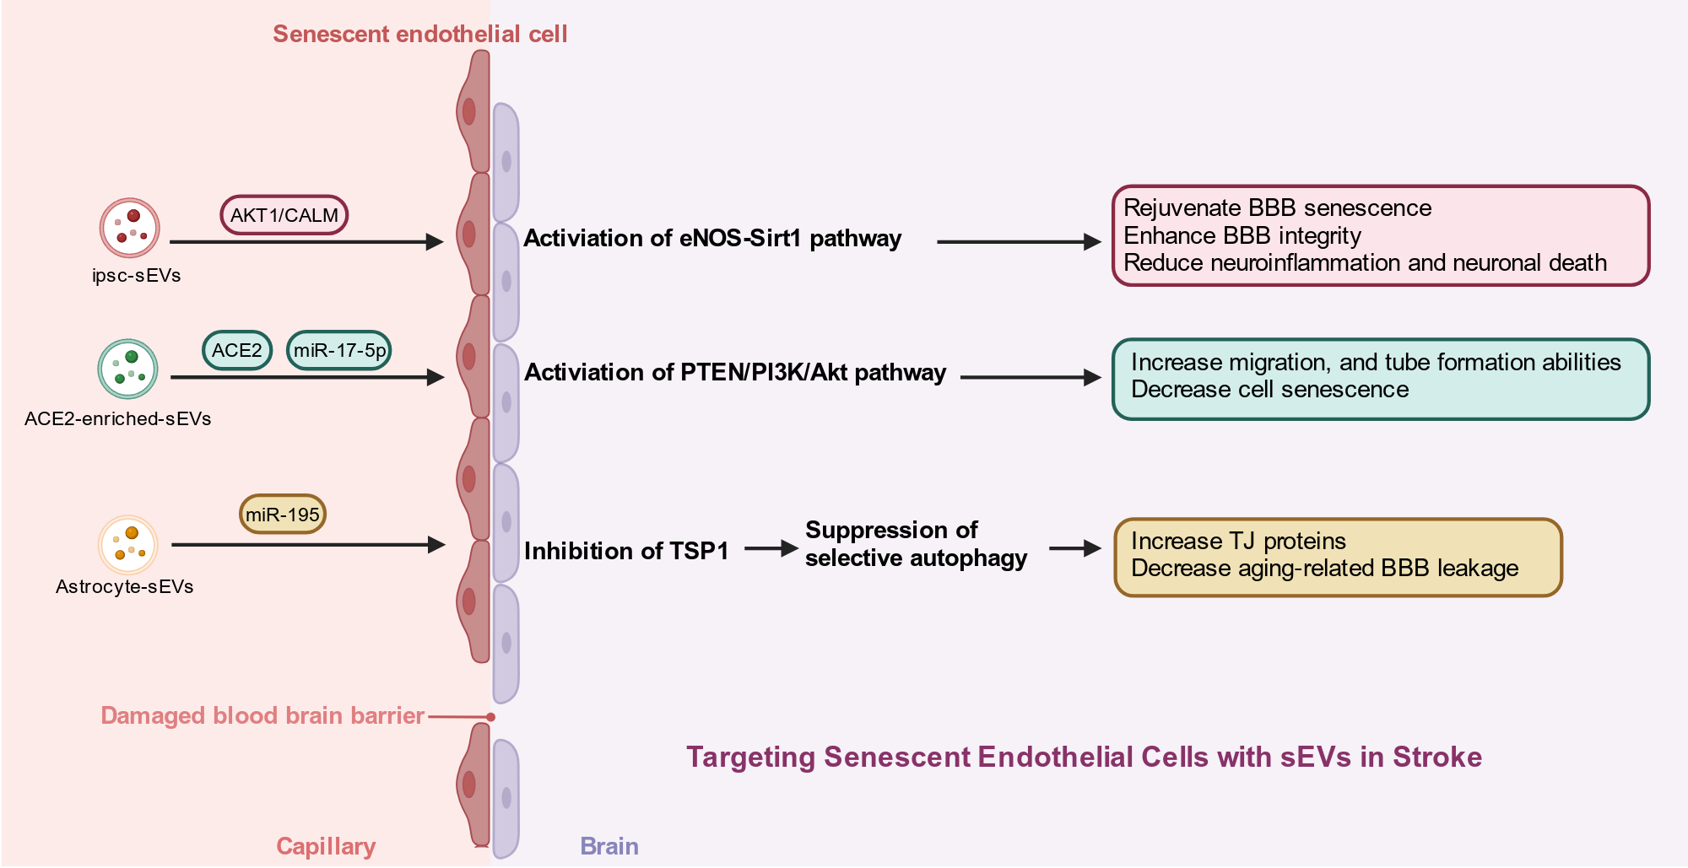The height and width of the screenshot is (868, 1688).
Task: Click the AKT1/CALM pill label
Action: [284, 215]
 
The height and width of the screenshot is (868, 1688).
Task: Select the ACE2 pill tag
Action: [237, 350]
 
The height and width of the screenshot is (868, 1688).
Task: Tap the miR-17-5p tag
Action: [339, 350]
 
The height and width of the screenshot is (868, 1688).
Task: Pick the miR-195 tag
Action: [283, 514]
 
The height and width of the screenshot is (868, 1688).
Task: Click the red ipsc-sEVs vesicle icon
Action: [129, 228]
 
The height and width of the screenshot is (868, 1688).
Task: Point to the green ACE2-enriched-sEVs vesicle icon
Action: [127, 369]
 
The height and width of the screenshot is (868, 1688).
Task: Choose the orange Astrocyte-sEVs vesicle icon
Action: [128, 545]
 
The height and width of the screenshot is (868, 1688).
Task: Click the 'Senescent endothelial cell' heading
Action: [420, 35]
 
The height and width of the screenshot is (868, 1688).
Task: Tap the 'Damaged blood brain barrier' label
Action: [262, 715]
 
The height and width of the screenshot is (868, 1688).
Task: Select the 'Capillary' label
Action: [326, 846]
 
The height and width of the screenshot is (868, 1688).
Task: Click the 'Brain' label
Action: [609, 846]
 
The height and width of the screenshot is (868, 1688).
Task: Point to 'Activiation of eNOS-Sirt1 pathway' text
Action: [712, 239]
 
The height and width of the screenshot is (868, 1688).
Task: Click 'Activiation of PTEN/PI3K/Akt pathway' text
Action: [735, 372]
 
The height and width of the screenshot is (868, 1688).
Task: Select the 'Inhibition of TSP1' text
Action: [626, 551]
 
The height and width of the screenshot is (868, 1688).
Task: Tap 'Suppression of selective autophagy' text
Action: [917, 544]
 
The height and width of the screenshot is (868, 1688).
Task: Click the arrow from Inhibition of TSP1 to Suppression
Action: [771, 548]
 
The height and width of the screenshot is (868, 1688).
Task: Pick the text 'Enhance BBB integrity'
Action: [1242, 235]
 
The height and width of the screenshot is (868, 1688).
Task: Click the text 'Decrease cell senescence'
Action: [1270, 389]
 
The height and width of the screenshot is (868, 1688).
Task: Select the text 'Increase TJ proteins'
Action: [1238, 541]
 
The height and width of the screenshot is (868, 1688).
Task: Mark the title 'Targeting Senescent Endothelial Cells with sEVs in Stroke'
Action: [1084, 757]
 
